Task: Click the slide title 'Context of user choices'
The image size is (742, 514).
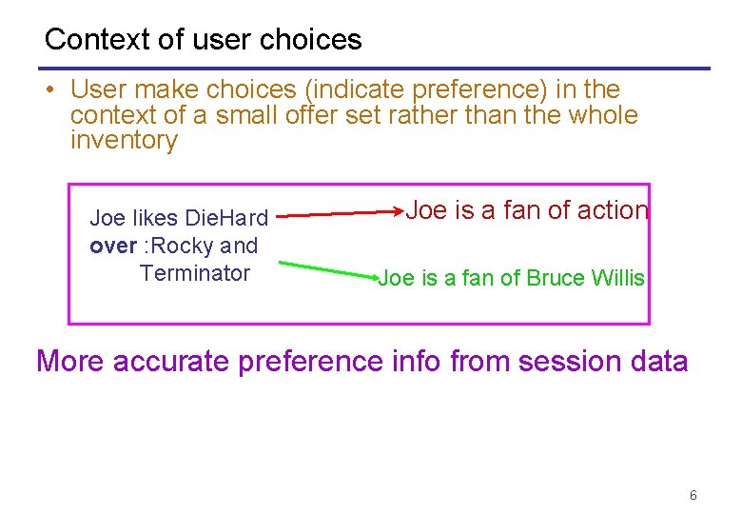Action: click(x=203, y=39)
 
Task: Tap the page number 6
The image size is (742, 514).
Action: click(x=693, y=495)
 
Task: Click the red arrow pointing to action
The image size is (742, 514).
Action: click(x=342, y=214)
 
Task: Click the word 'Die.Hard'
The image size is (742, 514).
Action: click(x=227, y=219)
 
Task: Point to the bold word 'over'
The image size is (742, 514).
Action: click(x=112, y=246)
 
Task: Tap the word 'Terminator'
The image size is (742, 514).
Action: click(x=194, y=273)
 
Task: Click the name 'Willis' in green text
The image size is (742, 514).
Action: click(x=617, y=279)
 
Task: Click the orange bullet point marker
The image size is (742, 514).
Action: click(x=47, y=91)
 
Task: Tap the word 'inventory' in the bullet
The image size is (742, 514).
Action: click(x=124, y=141)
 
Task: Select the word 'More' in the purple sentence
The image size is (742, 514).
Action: click(x=69, y=362)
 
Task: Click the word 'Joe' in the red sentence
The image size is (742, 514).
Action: click(x=426, y=210)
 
